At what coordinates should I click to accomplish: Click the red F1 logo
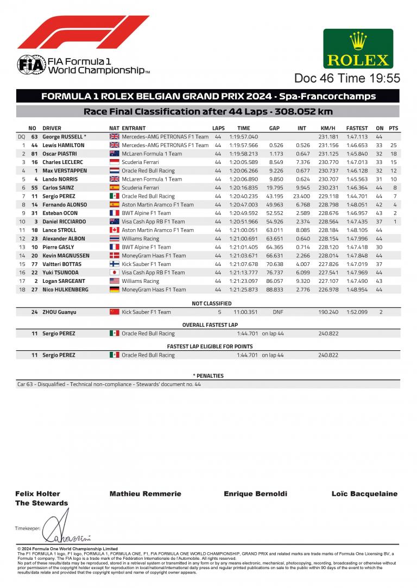pyautogui.click(x=83, y=32)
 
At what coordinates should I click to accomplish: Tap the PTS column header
pyautogui.click(x=393, y=128)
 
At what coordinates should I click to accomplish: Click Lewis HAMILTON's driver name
pyautogui.click(x=63, y=146)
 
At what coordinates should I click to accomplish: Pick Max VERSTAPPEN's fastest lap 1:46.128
pyautogui.click(x=357, y=170)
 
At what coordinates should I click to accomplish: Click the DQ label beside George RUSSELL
pyautogui.click(x=22, y=137)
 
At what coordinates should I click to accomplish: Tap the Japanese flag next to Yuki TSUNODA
pyautogui.click(x=114, y=273)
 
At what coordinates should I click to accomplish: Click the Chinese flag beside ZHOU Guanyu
pyautogui.click(x=114, y=312)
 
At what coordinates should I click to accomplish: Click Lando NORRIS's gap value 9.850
pyautogui.click(x=276, y=179)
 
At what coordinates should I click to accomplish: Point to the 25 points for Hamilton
pyautogui.click(x=393, y=146)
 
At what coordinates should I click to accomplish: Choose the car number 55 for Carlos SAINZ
pyautogui.click(x=34, y=188)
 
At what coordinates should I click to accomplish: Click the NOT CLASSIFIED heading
pyautogui.click(x=212, y=304)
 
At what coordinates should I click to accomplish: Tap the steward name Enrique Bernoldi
pyautogui.click(x=255, y=494)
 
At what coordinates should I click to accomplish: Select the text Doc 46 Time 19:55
pyautogui.click(x=347, y=78)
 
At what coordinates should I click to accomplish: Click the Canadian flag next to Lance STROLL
pyautogui.click(x=114, y=230)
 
